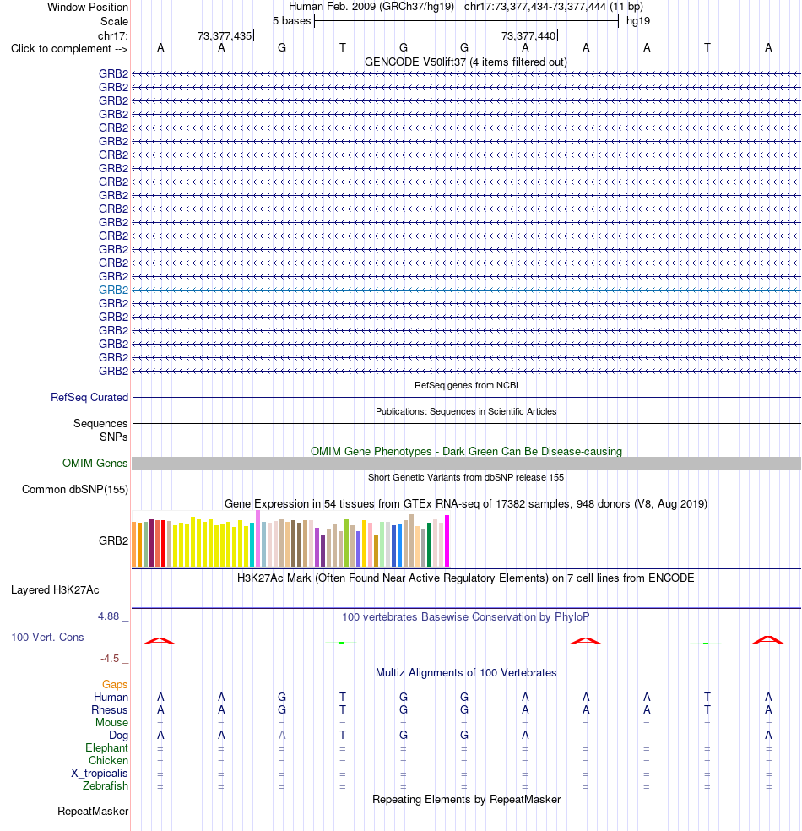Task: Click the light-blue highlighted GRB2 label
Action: pos(113,290)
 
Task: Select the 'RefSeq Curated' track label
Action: pos(89,398)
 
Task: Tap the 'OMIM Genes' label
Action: pos(95,463)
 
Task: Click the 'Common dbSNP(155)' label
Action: pos(75,489)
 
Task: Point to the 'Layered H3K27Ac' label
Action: pos(55,589)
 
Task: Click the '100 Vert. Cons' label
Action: pos(47,637)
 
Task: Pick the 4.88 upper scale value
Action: pos(109,616)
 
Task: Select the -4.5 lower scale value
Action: pos(111,659)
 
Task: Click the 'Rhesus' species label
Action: pos(110,709)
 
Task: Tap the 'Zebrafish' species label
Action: pos(106,786)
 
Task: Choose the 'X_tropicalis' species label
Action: pos(100,774)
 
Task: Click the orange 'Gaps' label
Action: pos(115,685)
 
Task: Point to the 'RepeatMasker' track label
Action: pos(93,812)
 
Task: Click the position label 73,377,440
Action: pos(528,35)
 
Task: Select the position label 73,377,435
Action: pos(225,35)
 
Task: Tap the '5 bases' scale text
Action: pos(292,20)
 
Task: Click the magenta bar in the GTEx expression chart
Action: pos(447,540)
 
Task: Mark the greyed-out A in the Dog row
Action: pos(282,735)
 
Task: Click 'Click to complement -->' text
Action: pos(69,49)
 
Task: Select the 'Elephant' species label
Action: pos(106,747)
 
